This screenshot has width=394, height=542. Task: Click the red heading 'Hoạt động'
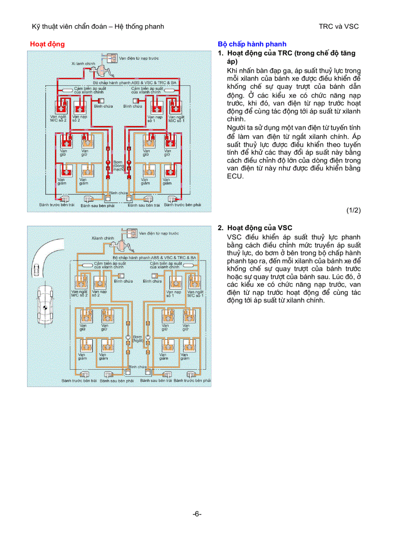(47, 44)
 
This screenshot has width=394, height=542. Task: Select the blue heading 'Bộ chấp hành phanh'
(252, 44)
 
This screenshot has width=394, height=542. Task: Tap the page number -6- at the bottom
(197, 514)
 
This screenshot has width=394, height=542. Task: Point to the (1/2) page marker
(353, 210)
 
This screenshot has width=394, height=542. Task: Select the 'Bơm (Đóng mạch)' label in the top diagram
(119, 166)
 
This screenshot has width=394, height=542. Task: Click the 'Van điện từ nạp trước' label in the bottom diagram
(159, 233)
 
